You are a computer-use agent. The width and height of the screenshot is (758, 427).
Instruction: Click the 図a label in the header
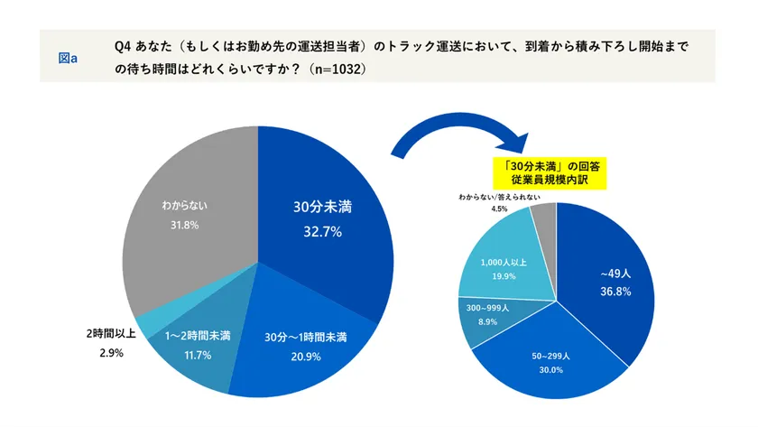click(x=68, y=57)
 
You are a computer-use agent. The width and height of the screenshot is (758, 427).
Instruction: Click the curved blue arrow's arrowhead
click(x=518, y=145)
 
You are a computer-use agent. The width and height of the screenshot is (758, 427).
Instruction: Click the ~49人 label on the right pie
click(x=615, y=273)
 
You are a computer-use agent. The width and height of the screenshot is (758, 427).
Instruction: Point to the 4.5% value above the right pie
click(x=499, y=209)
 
